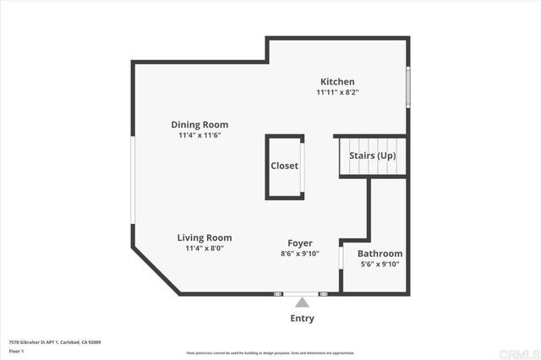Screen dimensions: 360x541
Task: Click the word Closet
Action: (284, 166)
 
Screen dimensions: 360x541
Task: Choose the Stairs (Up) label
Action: (372, 155)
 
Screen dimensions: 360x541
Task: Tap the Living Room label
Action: (204, 237)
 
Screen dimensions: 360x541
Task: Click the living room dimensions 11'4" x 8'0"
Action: (204, 248)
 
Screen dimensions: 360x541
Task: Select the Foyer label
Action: (300, 243)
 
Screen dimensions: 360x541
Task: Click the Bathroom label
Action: (380, 254)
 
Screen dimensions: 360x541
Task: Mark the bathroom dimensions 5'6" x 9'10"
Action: (380, 265)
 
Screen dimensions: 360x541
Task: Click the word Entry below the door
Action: (302, 319)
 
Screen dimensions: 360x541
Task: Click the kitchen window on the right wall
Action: (408, 85)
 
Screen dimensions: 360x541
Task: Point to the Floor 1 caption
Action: (16, 351)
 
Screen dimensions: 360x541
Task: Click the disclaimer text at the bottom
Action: (270, 352)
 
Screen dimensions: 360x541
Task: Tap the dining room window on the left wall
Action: (132, 181)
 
